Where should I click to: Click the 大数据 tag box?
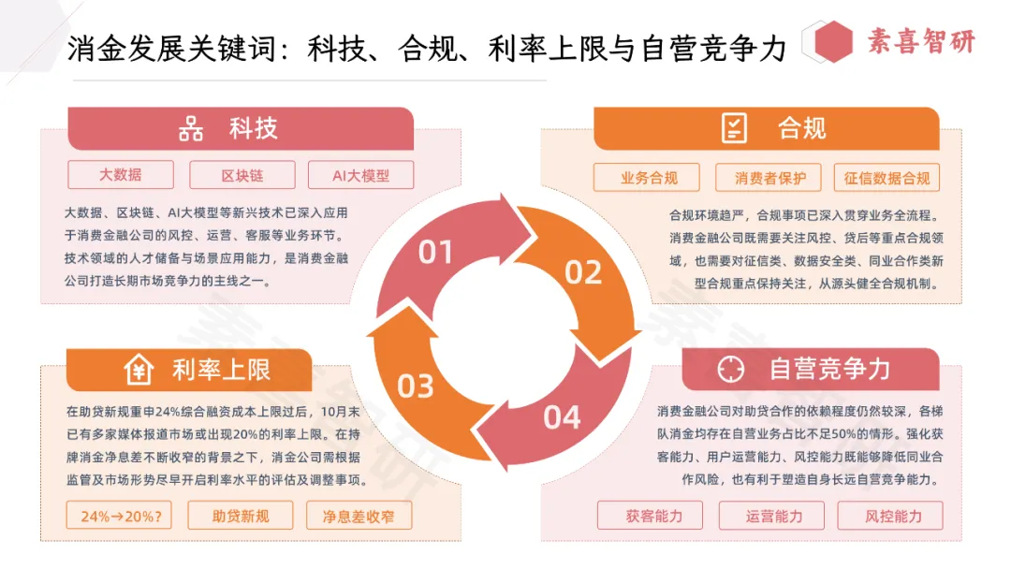point(121,175)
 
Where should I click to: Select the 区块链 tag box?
point(242,175)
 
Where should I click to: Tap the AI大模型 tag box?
point(360,175)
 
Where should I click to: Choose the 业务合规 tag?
point(648,178)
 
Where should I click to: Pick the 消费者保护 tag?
point(768,178)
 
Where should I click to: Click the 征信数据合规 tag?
point(886,178)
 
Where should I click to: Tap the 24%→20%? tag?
point(120,516)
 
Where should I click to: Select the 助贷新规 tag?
point(241,516)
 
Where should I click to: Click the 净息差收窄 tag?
point(359,516)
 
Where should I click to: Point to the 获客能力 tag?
point(653,516)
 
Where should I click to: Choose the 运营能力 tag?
point(773,516)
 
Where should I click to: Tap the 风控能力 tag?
point(891,516)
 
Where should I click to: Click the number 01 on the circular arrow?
point(435,253)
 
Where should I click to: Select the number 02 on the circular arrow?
point(582,272)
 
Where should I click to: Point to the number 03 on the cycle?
point(416,387)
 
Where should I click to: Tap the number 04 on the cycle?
point(562,417)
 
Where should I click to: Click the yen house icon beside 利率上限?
point(139,371)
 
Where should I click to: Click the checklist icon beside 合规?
point(735,128)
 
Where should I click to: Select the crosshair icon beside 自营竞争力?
point(730,370)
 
